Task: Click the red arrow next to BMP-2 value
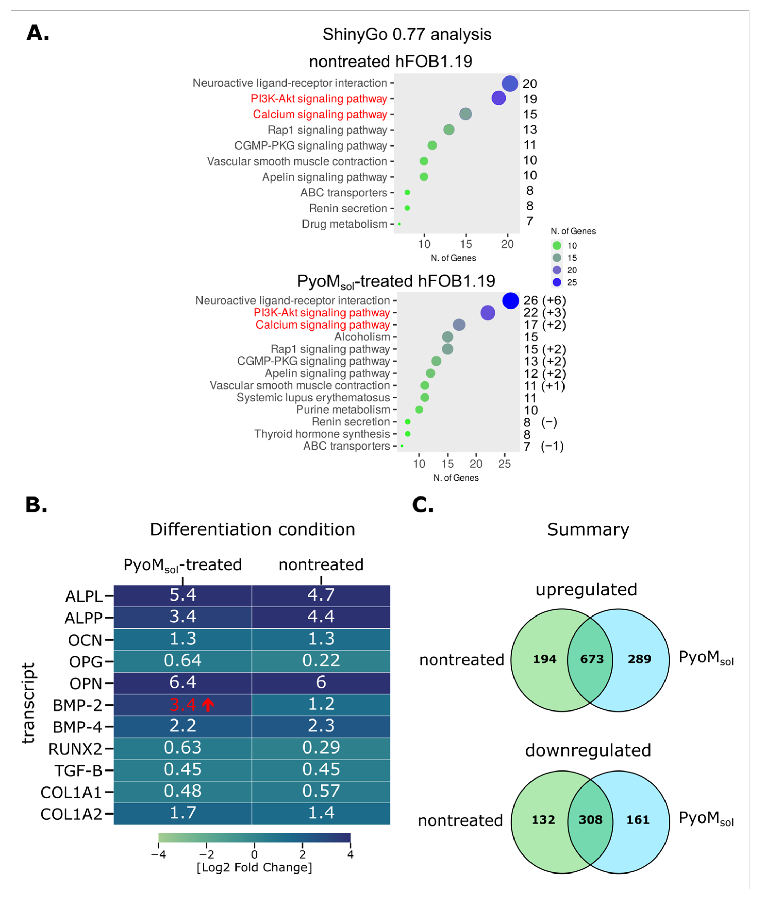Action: pos(208,705)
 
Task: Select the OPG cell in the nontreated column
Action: pos(321,661)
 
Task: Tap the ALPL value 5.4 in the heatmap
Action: pos(183,595)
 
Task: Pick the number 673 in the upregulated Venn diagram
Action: pos(592,659)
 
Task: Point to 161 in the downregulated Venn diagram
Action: pos(638,819)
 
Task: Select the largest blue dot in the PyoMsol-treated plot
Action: pos(510,300)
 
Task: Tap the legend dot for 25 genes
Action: pos(557,282)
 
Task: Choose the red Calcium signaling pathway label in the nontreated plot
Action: pos(320,114)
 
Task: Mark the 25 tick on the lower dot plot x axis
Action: pos(504,464)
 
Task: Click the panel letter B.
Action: pos(36,505)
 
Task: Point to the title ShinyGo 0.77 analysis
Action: pos(407,34)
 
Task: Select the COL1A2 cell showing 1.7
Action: pos(183,813)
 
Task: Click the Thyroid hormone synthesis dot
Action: pos(408,434)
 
